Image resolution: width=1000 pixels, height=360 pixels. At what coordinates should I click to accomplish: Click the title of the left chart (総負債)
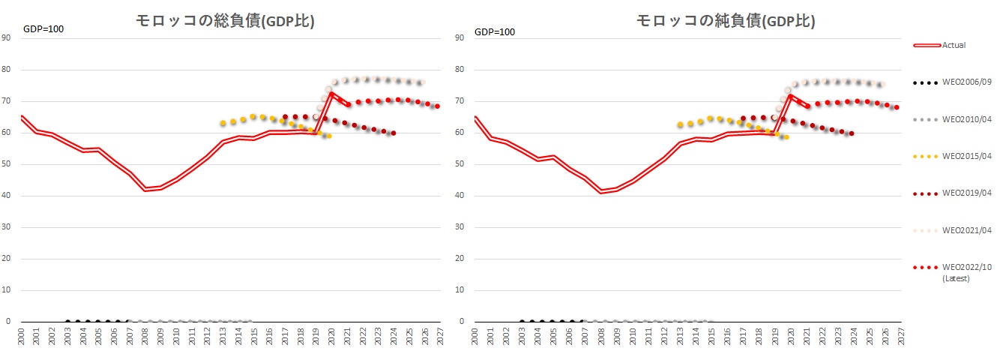(225, 22)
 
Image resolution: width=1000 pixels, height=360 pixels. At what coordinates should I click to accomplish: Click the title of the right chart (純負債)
(725, 22)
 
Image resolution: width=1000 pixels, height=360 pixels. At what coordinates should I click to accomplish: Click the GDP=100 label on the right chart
(496, 31)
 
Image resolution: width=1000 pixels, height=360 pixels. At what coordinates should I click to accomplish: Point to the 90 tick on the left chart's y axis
(7, 38)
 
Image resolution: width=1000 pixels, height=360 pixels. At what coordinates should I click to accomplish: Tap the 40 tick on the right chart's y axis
(460, 196)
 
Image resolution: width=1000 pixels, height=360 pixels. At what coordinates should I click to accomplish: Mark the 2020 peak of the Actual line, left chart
(331, 94)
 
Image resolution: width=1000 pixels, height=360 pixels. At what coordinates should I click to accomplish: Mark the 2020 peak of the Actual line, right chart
(790, 95)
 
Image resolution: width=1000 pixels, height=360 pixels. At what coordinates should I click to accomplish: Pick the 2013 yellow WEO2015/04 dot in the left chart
(223, 123)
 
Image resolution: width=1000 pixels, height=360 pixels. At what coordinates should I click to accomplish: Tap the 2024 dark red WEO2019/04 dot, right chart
(852, 133)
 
